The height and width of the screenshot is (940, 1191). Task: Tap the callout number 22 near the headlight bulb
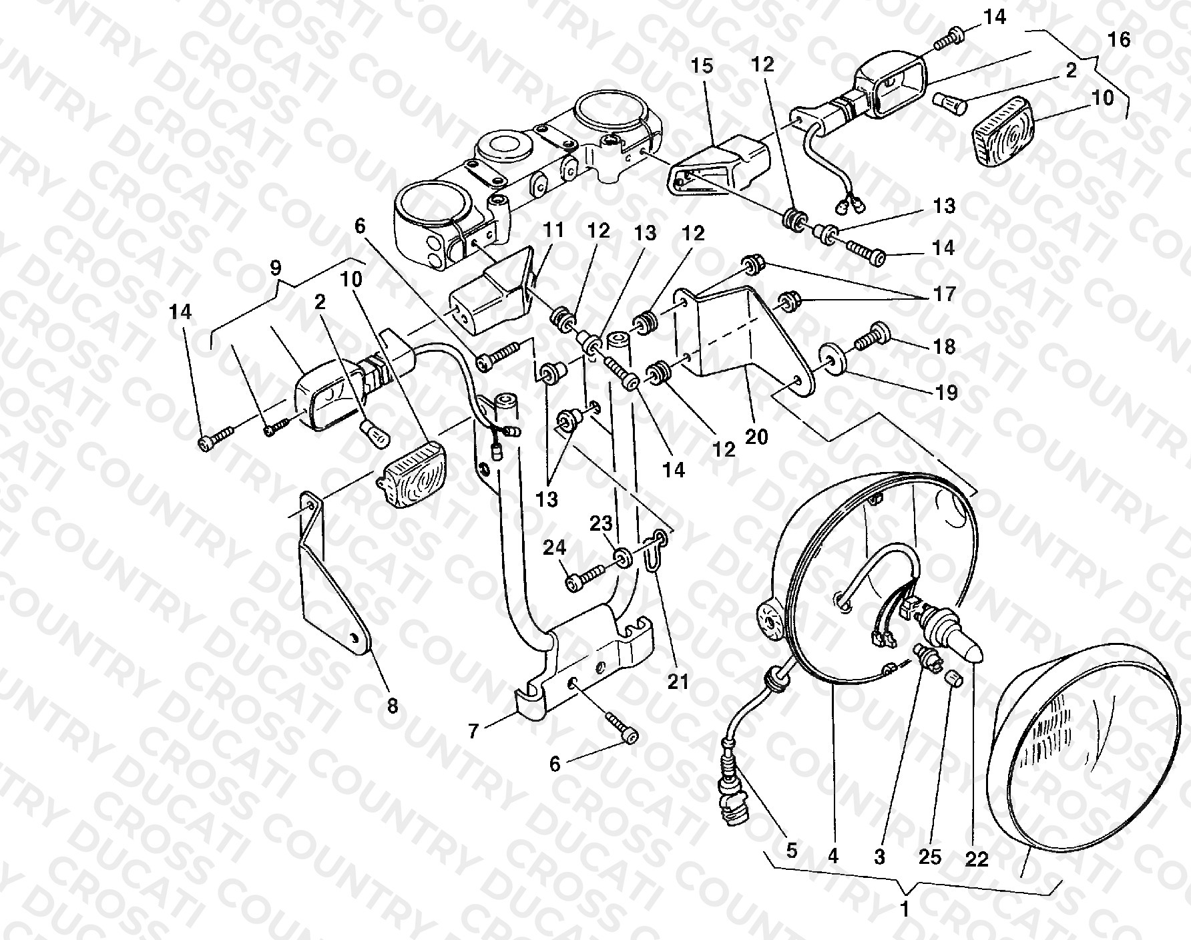(x=976, y=861)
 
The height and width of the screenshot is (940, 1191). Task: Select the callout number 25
(x=930, y=857)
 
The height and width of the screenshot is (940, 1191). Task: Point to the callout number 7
(x=474, y=732)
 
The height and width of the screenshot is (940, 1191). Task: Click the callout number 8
(x=392, y=705)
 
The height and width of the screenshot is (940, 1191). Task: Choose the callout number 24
(x=554, y=548)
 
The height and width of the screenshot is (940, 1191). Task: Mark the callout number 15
(x=702, y=66)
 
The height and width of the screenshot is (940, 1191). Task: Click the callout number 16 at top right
(x=1120, y=39)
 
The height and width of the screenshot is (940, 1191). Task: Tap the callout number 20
(x=757, y=437)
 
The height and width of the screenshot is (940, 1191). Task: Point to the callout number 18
(x=945, y=346)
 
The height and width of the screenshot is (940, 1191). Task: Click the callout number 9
(x=276, y=268)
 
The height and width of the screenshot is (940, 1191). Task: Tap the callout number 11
(x=553, y=230)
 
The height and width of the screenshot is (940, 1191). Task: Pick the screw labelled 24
(x=585, y=577)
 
